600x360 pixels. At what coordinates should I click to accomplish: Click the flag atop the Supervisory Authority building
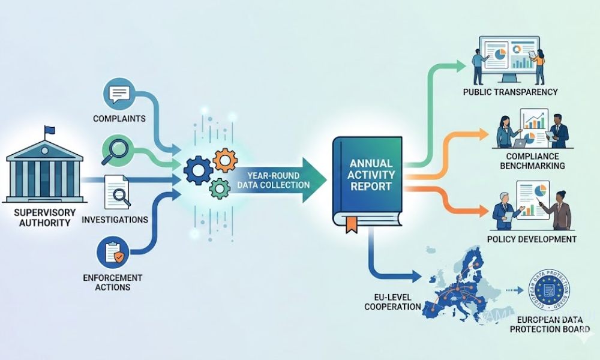[x=49, y=130]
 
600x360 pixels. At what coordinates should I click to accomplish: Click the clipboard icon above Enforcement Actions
[x=116, y=253]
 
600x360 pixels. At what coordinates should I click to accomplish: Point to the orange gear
[x=225, y=160]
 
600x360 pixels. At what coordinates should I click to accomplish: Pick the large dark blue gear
[x=198, y=169]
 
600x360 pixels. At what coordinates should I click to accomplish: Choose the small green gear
[x=220, y=189]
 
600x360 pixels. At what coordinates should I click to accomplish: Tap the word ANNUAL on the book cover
[x=371, y=163]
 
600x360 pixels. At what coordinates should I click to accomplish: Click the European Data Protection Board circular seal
[x=548, y=292]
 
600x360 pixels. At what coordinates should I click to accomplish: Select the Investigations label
[x=115, y=220]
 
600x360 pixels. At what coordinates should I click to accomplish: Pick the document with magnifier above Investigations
[x=117, y=191]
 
